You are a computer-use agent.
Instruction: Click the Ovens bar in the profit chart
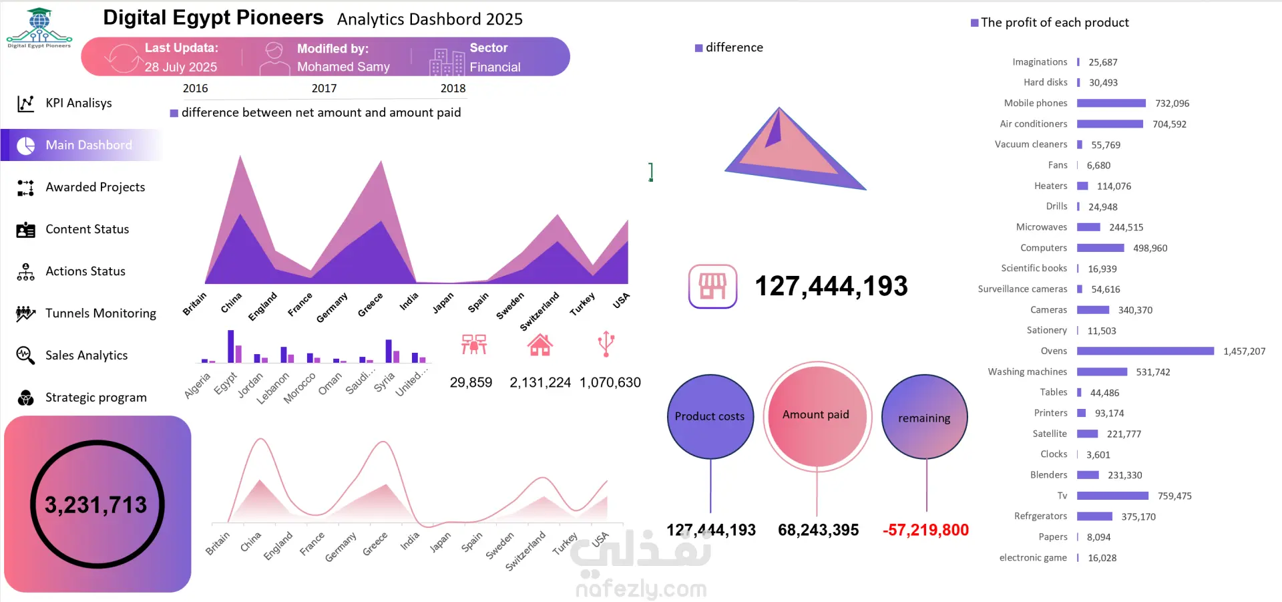pos(1145,351)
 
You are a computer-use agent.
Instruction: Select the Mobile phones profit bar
pos(1111,104)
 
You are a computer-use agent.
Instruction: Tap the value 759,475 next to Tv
pos(1174,496)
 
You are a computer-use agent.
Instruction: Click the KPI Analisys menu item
pos(78,103)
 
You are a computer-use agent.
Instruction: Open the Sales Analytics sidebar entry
pos(86,355)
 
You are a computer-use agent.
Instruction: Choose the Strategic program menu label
pos(95,398)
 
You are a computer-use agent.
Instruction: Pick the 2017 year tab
pos(324,88)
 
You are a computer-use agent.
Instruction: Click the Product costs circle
pos(710,416)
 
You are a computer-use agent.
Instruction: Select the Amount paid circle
pos(816,415)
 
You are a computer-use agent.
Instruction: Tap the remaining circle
pos(924,418)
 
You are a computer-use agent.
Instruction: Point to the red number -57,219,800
pos(925,531)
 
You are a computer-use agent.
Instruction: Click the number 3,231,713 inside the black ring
pos(95,505)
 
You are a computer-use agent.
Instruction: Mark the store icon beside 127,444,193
pos(712,287)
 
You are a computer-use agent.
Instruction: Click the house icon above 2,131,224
pos(540,345)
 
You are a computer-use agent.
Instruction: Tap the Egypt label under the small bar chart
pos(226,383)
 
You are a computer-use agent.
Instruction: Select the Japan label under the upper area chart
pos(442,303)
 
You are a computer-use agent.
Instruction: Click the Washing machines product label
pos(1027,372)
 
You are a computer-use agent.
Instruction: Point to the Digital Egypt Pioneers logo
pos(39,28)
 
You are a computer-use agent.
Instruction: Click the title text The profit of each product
pos(1054,23)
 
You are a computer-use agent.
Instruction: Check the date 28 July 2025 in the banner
pos(180,67)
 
